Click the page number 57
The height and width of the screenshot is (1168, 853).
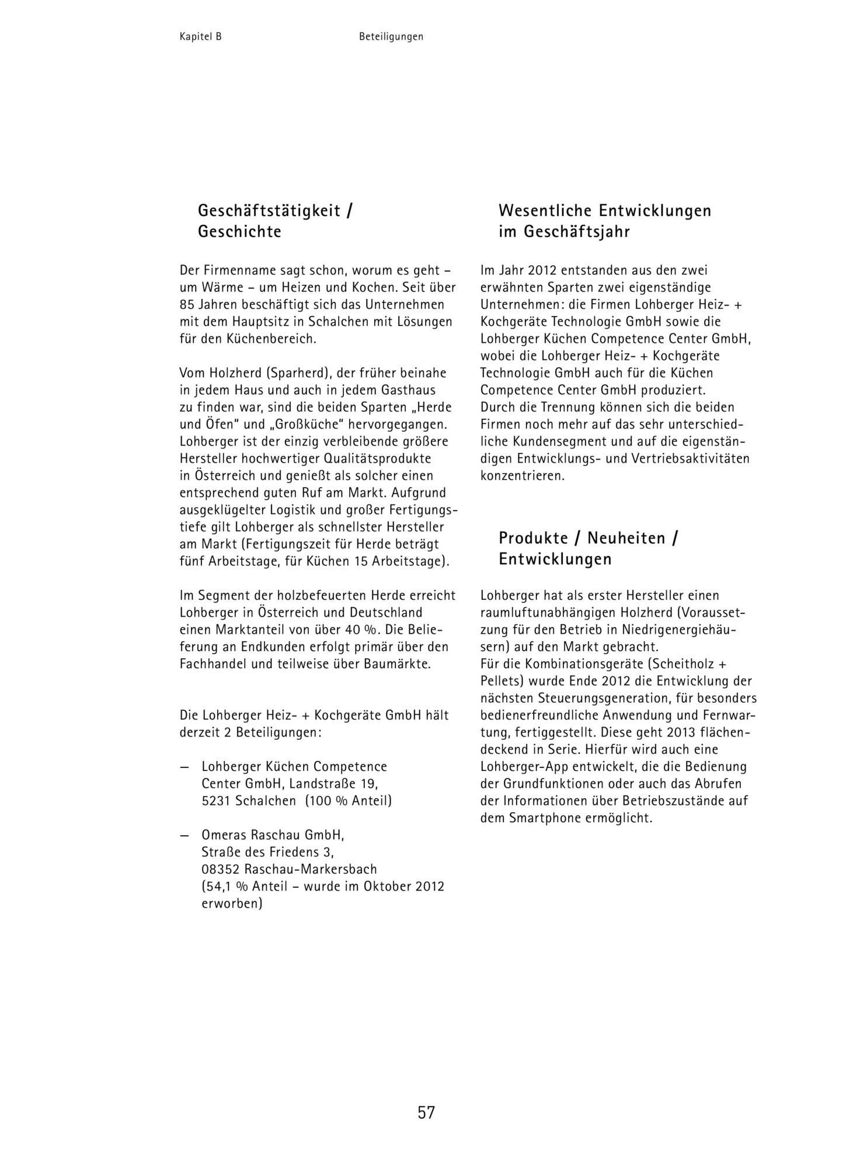[x=426, y=1112]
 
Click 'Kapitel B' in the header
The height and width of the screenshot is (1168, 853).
[x=201, y=37]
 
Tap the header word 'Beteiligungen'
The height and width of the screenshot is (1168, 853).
[x=391, y=37]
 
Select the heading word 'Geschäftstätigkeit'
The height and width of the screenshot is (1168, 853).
[x=269, y=210]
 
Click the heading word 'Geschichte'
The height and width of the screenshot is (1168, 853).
[x=239, y=232]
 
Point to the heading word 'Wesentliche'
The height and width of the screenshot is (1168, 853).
[x=545, y=210]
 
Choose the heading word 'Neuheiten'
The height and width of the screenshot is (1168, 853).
[x=626, y=538]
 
